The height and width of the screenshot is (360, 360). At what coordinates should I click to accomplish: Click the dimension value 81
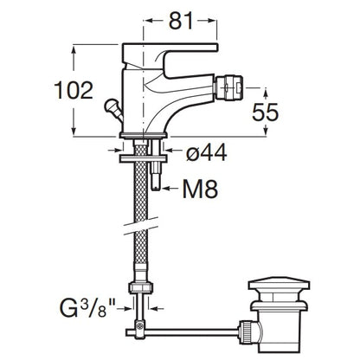[181, 21]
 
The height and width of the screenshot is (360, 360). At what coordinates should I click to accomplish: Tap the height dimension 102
[74, 90]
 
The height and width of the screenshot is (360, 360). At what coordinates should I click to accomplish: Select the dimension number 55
[265, 112]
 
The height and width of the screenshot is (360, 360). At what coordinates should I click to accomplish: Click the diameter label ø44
[206, 152]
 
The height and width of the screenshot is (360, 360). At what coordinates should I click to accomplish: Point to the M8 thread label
[200, 190]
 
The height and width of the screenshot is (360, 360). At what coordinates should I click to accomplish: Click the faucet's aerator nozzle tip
[229, 86]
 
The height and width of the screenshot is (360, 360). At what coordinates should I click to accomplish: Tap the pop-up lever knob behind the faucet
[111, 106]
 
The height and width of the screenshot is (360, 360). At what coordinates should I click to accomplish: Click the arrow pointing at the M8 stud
[171, 190]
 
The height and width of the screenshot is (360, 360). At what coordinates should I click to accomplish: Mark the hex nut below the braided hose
[141, 288]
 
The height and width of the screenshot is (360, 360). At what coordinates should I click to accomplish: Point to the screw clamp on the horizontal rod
[140, 330]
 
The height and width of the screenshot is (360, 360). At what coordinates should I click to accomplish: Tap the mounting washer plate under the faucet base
[144, 158]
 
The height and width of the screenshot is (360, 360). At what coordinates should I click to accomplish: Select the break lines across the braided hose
[141, 226]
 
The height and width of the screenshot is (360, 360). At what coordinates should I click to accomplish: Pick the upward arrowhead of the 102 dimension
[74, 50]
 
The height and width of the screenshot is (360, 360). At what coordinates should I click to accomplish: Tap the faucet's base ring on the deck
[144, 135]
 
